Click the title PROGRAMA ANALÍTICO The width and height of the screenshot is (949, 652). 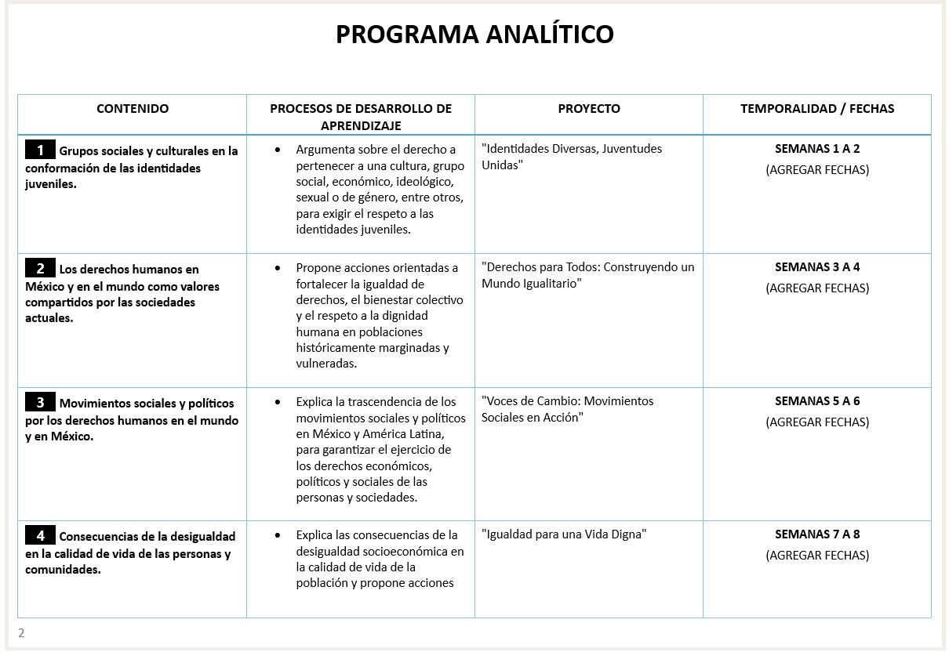click(474, 35)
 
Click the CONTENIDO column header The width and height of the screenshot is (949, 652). click(132, 109)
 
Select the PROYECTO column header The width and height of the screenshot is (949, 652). click(588, 109)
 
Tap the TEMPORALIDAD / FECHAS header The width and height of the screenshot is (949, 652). click(816, 109)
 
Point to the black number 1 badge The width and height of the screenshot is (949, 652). click(40, 150)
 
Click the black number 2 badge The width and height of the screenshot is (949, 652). click(40, 268)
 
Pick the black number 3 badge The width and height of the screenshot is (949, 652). click(40, 403)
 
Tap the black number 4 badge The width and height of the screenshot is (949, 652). click(40, 536)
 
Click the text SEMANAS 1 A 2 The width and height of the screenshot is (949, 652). click(817, 148)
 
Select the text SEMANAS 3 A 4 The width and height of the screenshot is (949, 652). click(817, 266)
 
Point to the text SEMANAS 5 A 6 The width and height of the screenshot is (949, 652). click(817, 400)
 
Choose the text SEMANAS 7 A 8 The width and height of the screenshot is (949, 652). click(817, 534)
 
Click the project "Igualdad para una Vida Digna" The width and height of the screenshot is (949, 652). click(563, 534)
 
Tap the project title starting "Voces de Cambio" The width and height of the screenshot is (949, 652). click(567, 409)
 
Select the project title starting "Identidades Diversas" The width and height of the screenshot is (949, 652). click(572, 157)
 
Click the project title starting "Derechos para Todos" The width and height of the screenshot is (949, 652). click(587, 275)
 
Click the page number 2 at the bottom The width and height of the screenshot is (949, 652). click(21, 633)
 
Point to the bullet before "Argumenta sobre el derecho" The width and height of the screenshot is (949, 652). click(278, 149)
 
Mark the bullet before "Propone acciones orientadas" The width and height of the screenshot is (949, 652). click(278, 268)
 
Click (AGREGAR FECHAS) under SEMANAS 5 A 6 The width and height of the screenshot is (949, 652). click(817, 422)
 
